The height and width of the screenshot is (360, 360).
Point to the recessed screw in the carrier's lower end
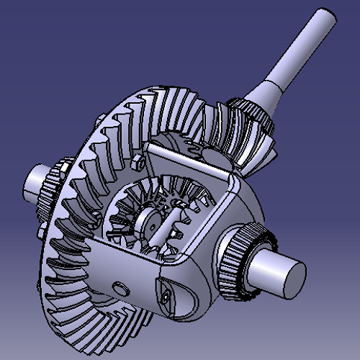coord(166,295)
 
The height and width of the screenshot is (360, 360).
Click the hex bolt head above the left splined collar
coord(60,168)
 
